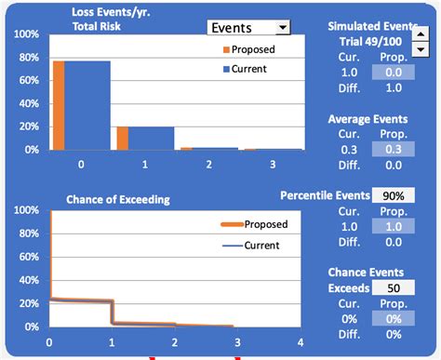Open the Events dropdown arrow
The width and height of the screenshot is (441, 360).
click(283, 29)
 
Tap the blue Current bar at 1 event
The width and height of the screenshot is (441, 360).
click(151, 138)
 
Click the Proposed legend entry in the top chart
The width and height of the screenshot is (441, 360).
click(246, 48)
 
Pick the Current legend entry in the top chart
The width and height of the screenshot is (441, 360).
click(244, 68)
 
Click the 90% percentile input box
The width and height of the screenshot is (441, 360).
click(393, 195)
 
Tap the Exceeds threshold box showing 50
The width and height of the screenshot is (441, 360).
click(393, 288)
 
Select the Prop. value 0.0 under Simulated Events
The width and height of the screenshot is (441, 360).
click(394, 72)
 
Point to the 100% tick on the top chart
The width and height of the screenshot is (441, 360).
click(26, 34)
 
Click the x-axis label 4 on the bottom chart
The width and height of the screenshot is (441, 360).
click(301, 341)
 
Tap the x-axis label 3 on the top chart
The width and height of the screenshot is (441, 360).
click(273, 164)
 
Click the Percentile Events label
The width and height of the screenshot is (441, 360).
click(323, 196)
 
